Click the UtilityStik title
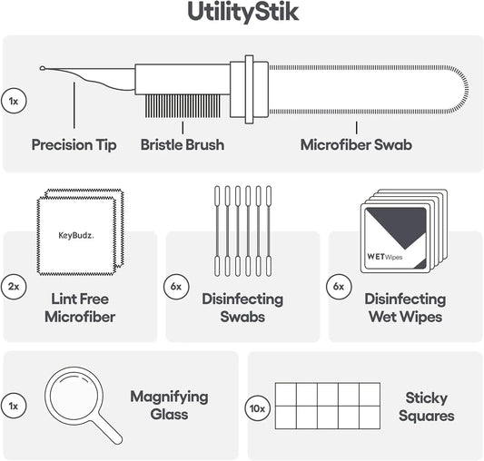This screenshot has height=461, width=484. [243, 13]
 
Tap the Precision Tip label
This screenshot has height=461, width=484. [74, 144]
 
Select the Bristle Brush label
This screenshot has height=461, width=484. [183, 144]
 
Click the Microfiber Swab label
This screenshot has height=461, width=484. [356, 144]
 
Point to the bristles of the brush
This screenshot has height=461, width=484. [183, 106]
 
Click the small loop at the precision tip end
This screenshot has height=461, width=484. [43, 68]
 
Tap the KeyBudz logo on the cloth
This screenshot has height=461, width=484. [76, 236]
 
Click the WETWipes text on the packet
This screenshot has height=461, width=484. [385, 257]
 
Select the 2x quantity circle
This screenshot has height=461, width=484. [14, 287]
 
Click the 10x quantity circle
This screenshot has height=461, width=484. [257, 408]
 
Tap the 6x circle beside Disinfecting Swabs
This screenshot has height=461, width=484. [176, 287]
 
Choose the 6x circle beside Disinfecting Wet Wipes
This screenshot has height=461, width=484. [339, 287]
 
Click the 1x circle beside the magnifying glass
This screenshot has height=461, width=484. [14, 406]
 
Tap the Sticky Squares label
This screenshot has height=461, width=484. [426, 407]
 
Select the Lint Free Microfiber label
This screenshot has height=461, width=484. [80, 308]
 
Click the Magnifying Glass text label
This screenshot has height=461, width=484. [169, 406]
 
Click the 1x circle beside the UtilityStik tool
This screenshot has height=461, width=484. [14, 101]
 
